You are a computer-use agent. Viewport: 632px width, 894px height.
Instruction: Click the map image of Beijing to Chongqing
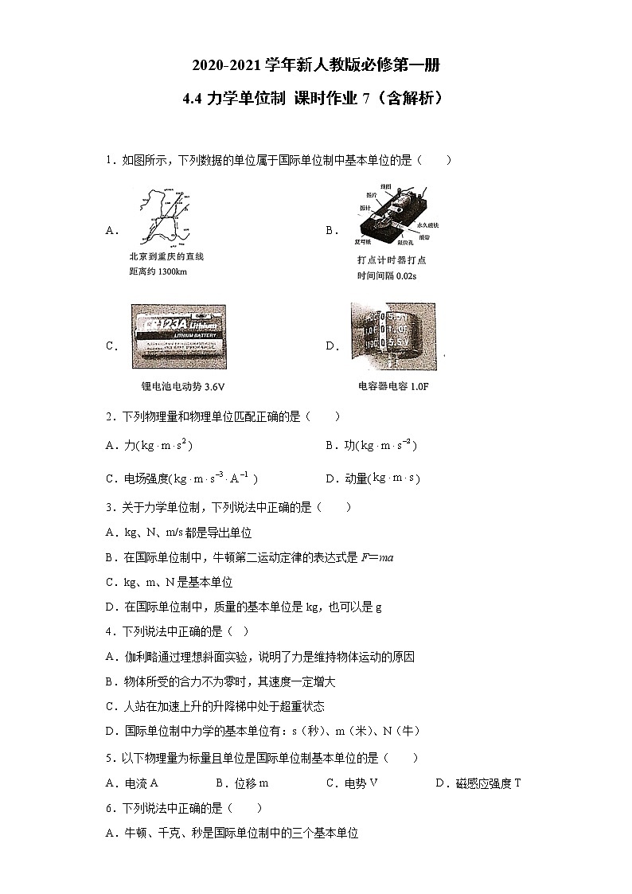coord(162,217)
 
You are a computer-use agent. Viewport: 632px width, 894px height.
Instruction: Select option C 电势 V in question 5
coord(352,783)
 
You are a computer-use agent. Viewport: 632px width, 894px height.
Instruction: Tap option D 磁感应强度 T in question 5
coord(478,783)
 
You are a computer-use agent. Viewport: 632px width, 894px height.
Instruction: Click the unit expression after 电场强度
coord(215,478)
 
